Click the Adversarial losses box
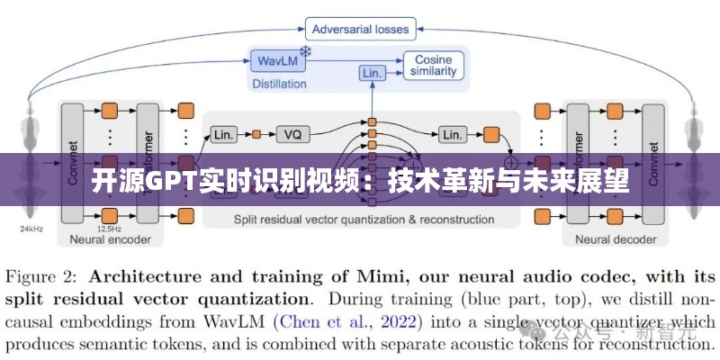click(x=360, y=28)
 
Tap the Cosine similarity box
click(x=435, y=65)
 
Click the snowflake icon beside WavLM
click(x=306, y=53)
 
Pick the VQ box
click(x=292, y=134)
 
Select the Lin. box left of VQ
click(x=224, y=134)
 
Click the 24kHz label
click(x=32, y=229)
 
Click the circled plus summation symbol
click(x=516, y=150)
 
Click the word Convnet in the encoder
click(x=73, y=162)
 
